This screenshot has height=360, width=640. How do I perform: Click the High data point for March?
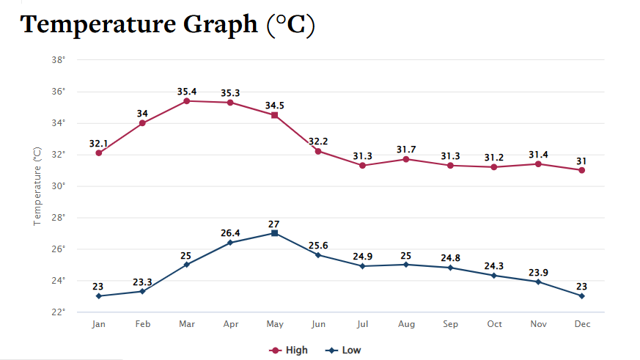(186, 100)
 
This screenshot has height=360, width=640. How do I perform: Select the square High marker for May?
(274, 115)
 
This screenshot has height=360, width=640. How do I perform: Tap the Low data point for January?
(98, 296)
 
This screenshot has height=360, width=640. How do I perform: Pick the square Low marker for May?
(274, 233)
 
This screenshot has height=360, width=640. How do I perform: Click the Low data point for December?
(581, 296)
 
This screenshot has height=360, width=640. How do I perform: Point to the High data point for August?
(406, 159)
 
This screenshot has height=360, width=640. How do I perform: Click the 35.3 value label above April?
(230, 93)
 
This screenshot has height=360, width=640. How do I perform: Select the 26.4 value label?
(230, 233)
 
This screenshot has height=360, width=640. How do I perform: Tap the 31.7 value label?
(406, 150)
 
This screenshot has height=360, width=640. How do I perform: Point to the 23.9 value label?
(538, 273)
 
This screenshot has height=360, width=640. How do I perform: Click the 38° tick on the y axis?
(59, 60)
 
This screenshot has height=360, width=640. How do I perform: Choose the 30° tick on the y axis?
(59, 186)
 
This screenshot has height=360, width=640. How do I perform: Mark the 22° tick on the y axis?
(59, 312)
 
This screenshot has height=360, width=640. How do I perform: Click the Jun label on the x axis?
(318, 324)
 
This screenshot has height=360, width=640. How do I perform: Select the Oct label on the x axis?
(494, 324)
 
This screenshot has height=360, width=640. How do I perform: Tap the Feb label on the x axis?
(142, 324)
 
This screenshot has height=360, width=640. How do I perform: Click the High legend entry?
(290, 350)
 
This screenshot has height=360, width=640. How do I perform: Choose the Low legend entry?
(345, 350)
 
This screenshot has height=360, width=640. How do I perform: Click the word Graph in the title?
(216, 25)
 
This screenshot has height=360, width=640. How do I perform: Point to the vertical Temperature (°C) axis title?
(37, 186)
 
